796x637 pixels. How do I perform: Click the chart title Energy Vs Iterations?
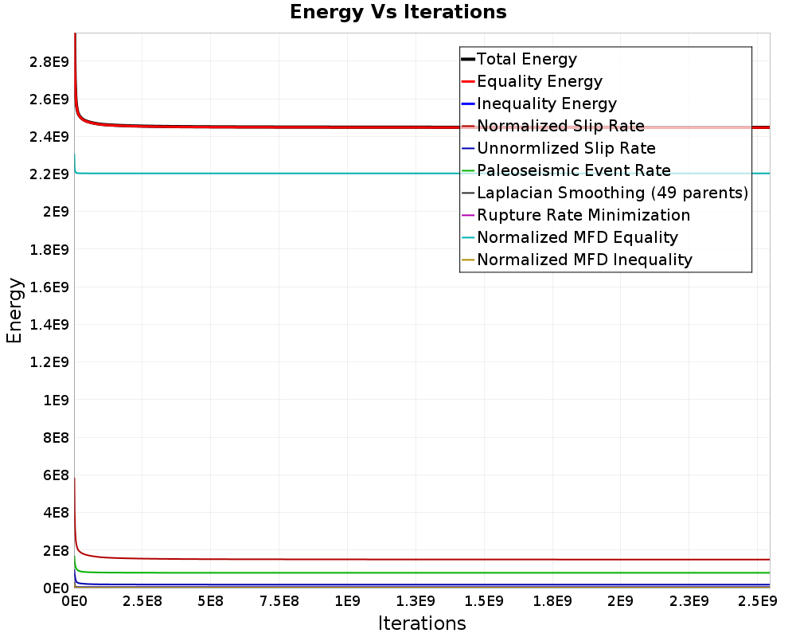coord(398,12)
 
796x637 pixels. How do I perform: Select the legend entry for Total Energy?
coord(526,59)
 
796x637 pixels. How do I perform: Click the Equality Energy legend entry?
coord(539,81)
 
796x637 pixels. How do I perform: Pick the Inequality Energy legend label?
coord(546,104)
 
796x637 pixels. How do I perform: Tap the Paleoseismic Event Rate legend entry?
coord(573,170)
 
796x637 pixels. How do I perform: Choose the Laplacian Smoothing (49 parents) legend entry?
coord(612,193)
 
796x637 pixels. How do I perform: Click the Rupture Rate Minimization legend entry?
coord(583,215)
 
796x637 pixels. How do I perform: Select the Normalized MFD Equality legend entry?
coord(577,237)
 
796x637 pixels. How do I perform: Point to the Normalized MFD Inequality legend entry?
coord(584,260)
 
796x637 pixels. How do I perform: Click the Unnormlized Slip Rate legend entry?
coord(566,148)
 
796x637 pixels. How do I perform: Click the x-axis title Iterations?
coord(422,623)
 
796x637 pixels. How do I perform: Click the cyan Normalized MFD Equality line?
coord(318,173)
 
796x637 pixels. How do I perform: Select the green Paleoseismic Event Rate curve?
coord(318,573)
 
